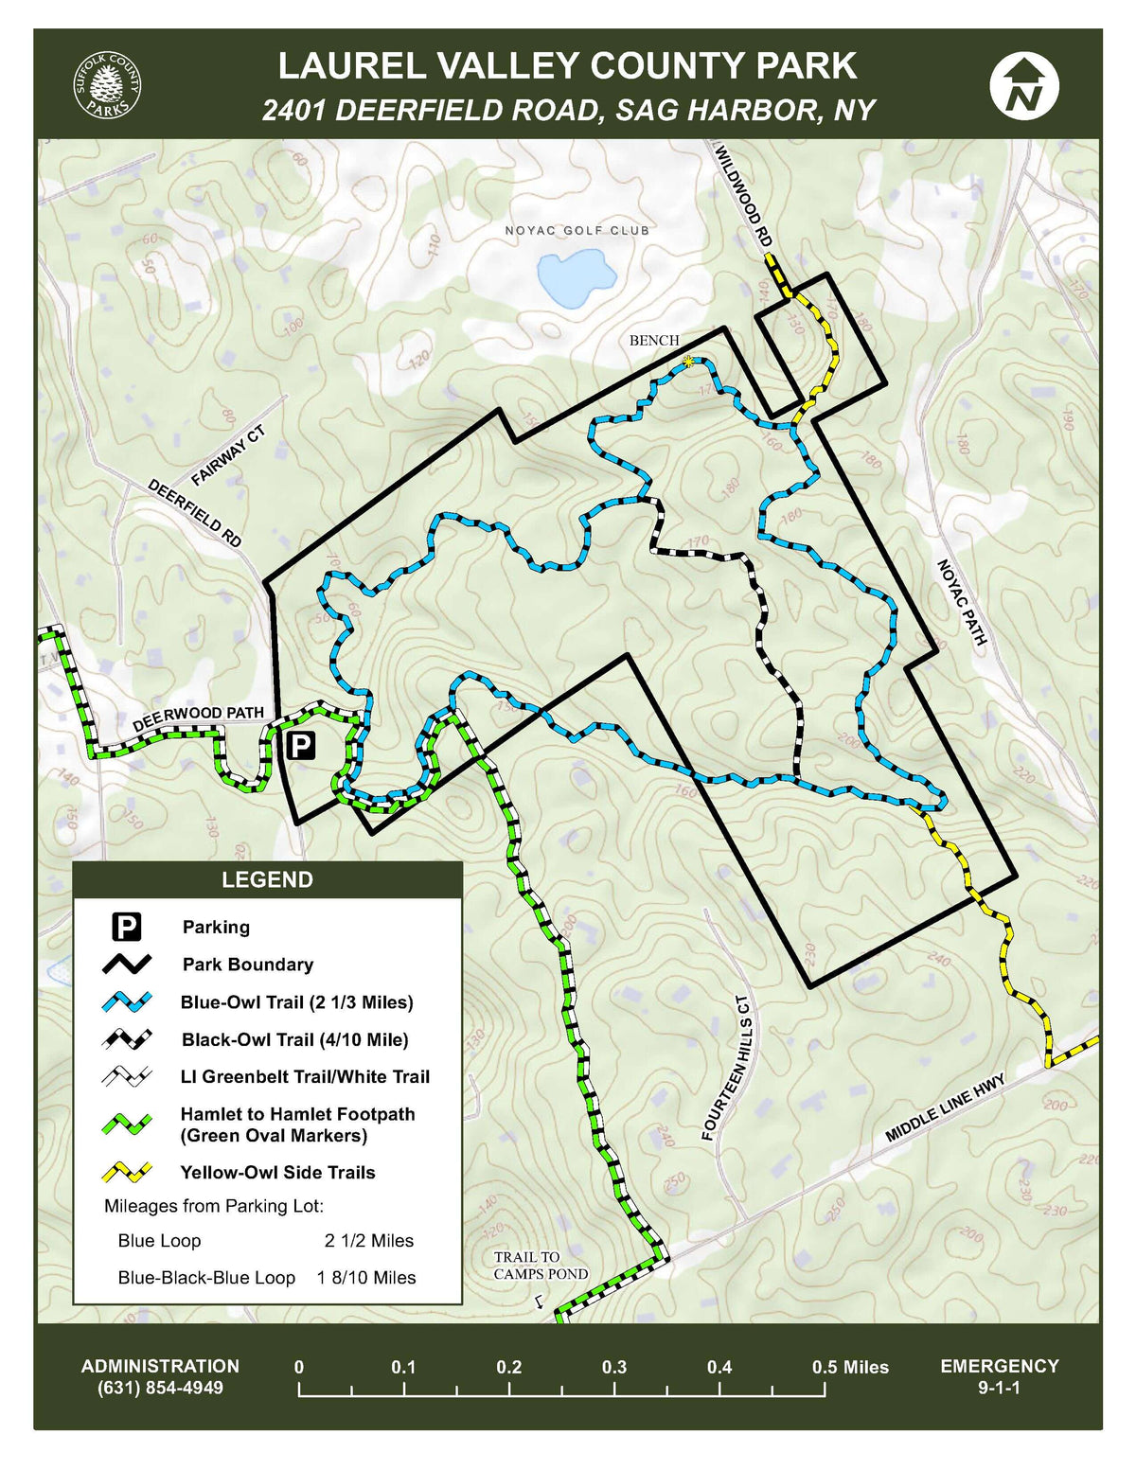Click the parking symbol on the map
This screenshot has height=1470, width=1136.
[300, 746]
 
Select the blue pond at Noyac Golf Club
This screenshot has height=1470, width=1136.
[576, 277]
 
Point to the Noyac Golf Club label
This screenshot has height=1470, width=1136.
[577, 230]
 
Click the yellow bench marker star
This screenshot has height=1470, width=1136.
[688, 361]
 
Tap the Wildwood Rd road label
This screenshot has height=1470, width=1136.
[743, 197]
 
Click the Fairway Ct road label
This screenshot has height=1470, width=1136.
[228, 456]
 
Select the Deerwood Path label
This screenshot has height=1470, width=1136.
[198, 718]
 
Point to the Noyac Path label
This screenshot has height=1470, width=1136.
[962, 602]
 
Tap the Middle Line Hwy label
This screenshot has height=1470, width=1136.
[944, 1108]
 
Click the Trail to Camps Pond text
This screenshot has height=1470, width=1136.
[540, 1266]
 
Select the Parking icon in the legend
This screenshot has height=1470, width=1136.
[127, 927]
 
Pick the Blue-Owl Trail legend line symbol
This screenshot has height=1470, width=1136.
[127, 1001]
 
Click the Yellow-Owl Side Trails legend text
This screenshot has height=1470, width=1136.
[277, 1172]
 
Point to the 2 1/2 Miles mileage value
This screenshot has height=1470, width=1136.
[368, 1240]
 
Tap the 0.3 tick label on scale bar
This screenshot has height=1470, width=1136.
[613, 1367]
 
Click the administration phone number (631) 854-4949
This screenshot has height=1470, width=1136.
[160, 1388]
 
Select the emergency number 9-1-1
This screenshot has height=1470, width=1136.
[999, 1388]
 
